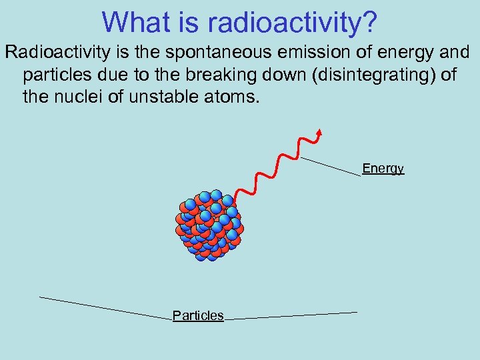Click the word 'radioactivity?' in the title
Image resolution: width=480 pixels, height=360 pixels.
click(293, 22)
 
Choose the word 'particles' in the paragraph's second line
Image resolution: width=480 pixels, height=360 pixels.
click(55, 75)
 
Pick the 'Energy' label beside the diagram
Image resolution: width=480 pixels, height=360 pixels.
click(383, 169)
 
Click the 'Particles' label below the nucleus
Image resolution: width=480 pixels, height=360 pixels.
click(198, 316)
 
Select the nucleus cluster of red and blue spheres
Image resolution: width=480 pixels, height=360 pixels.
click(209, 225)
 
